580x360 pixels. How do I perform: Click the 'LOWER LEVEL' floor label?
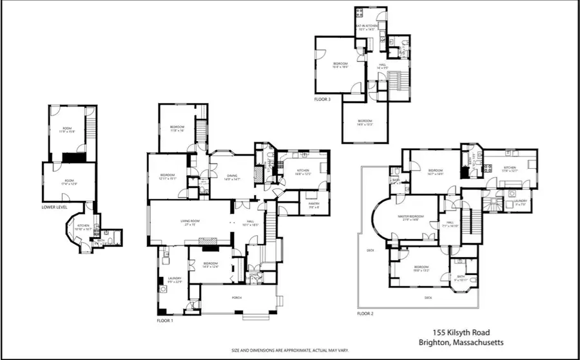click(55, 208)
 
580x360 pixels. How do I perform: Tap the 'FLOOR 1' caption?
click(165, 319)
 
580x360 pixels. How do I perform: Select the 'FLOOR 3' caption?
click(323, 100)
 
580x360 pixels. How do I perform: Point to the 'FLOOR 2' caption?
click(365, 314)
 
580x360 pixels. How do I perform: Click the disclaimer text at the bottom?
click(289, 350)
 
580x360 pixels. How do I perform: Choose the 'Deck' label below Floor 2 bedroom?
click(428, 298)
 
